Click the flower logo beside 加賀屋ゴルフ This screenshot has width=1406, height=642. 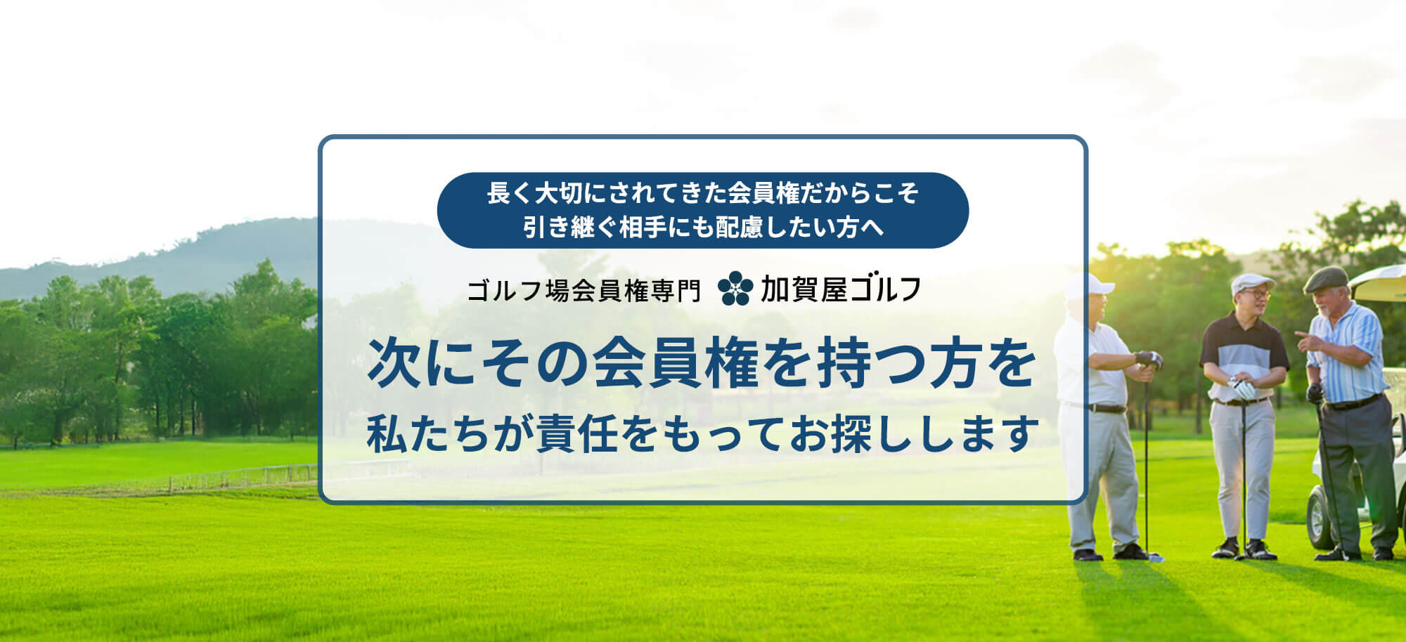click(x=735, y=289)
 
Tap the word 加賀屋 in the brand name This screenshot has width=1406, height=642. click(x=804, y=289)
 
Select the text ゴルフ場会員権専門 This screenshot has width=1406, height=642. click(x=583, y=290)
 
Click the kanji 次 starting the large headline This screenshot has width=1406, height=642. click(x=394, y=364)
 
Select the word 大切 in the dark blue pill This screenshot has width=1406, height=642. click(x=557, y=193)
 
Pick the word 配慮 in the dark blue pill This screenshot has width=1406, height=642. click(x=739, y=228)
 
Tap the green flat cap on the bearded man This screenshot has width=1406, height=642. click(x=1326, y=279)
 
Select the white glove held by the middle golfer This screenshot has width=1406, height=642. click(x=1243, y=388)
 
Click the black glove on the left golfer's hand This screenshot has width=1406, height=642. click(x=1149, y=360)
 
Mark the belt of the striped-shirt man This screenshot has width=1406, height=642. click(x=1353, y=403)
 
